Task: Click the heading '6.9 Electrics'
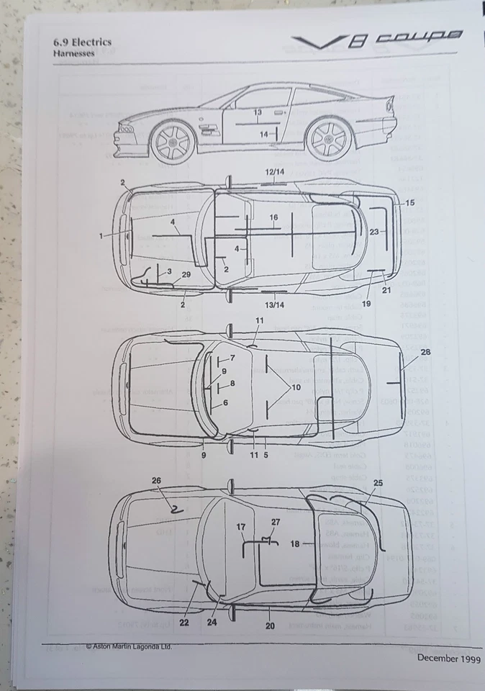[82, 42]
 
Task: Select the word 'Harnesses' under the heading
[72, 53]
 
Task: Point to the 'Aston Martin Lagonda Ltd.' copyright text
[130, 646]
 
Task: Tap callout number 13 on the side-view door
[258, 113]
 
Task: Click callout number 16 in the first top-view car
[273, 217]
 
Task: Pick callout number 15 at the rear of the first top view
[409, 203]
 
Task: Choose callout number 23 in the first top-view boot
[374, 232]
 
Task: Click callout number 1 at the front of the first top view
[101, 235]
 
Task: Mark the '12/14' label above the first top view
[274, 173]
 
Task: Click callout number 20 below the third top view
[270, 625]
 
